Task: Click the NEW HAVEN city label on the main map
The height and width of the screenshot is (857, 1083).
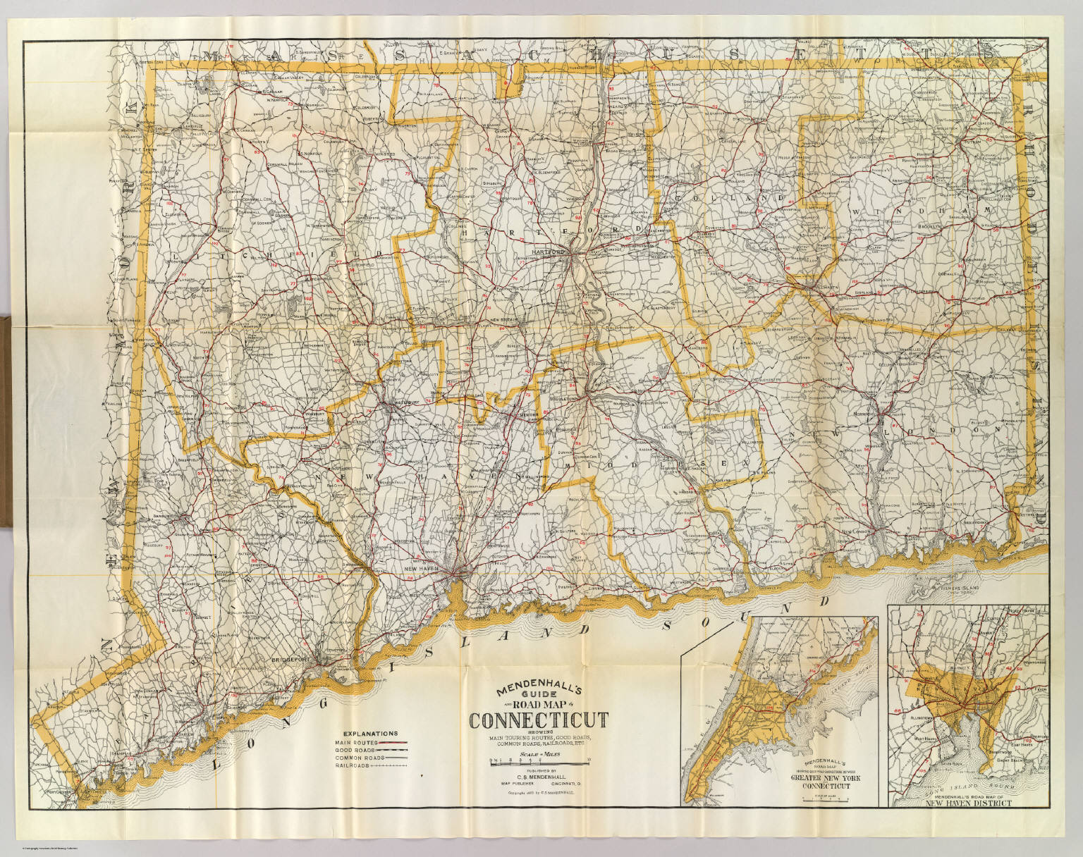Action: pos(421,567)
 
